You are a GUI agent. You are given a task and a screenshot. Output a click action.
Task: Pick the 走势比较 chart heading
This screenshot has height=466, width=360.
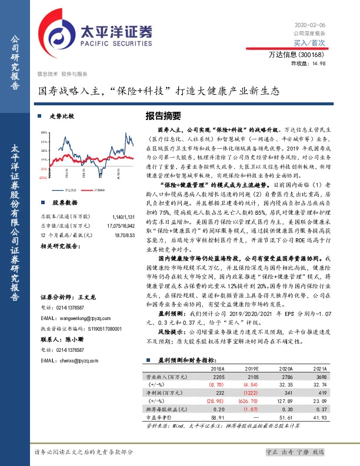click(x=62, y=116)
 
